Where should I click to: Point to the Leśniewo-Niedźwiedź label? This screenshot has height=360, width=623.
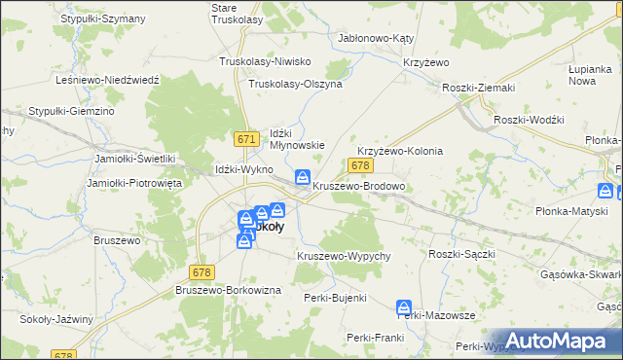(107, 80)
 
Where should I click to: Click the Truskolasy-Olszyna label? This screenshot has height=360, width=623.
(295, 84)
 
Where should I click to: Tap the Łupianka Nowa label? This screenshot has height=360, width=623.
(589, 76)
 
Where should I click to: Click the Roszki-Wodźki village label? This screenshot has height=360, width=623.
(529, 119)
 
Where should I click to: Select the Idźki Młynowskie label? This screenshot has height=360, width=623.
(296, 138)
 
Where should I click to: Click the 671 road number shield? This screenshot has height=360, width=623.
(246, 140)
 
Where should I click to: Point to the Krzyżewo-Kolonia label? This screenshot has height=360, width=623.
(400, 152)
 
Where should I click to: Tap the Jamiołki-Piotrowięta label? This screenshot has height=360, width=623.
(128, 183)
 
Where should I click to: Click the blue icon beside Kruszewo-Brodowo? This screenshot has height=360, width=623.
(303, 178)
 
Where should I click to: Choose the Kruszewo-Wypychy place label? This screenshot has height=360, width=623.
(344, 256)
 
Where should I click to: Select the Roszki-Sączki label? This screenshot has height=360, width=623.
(462, 254)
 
